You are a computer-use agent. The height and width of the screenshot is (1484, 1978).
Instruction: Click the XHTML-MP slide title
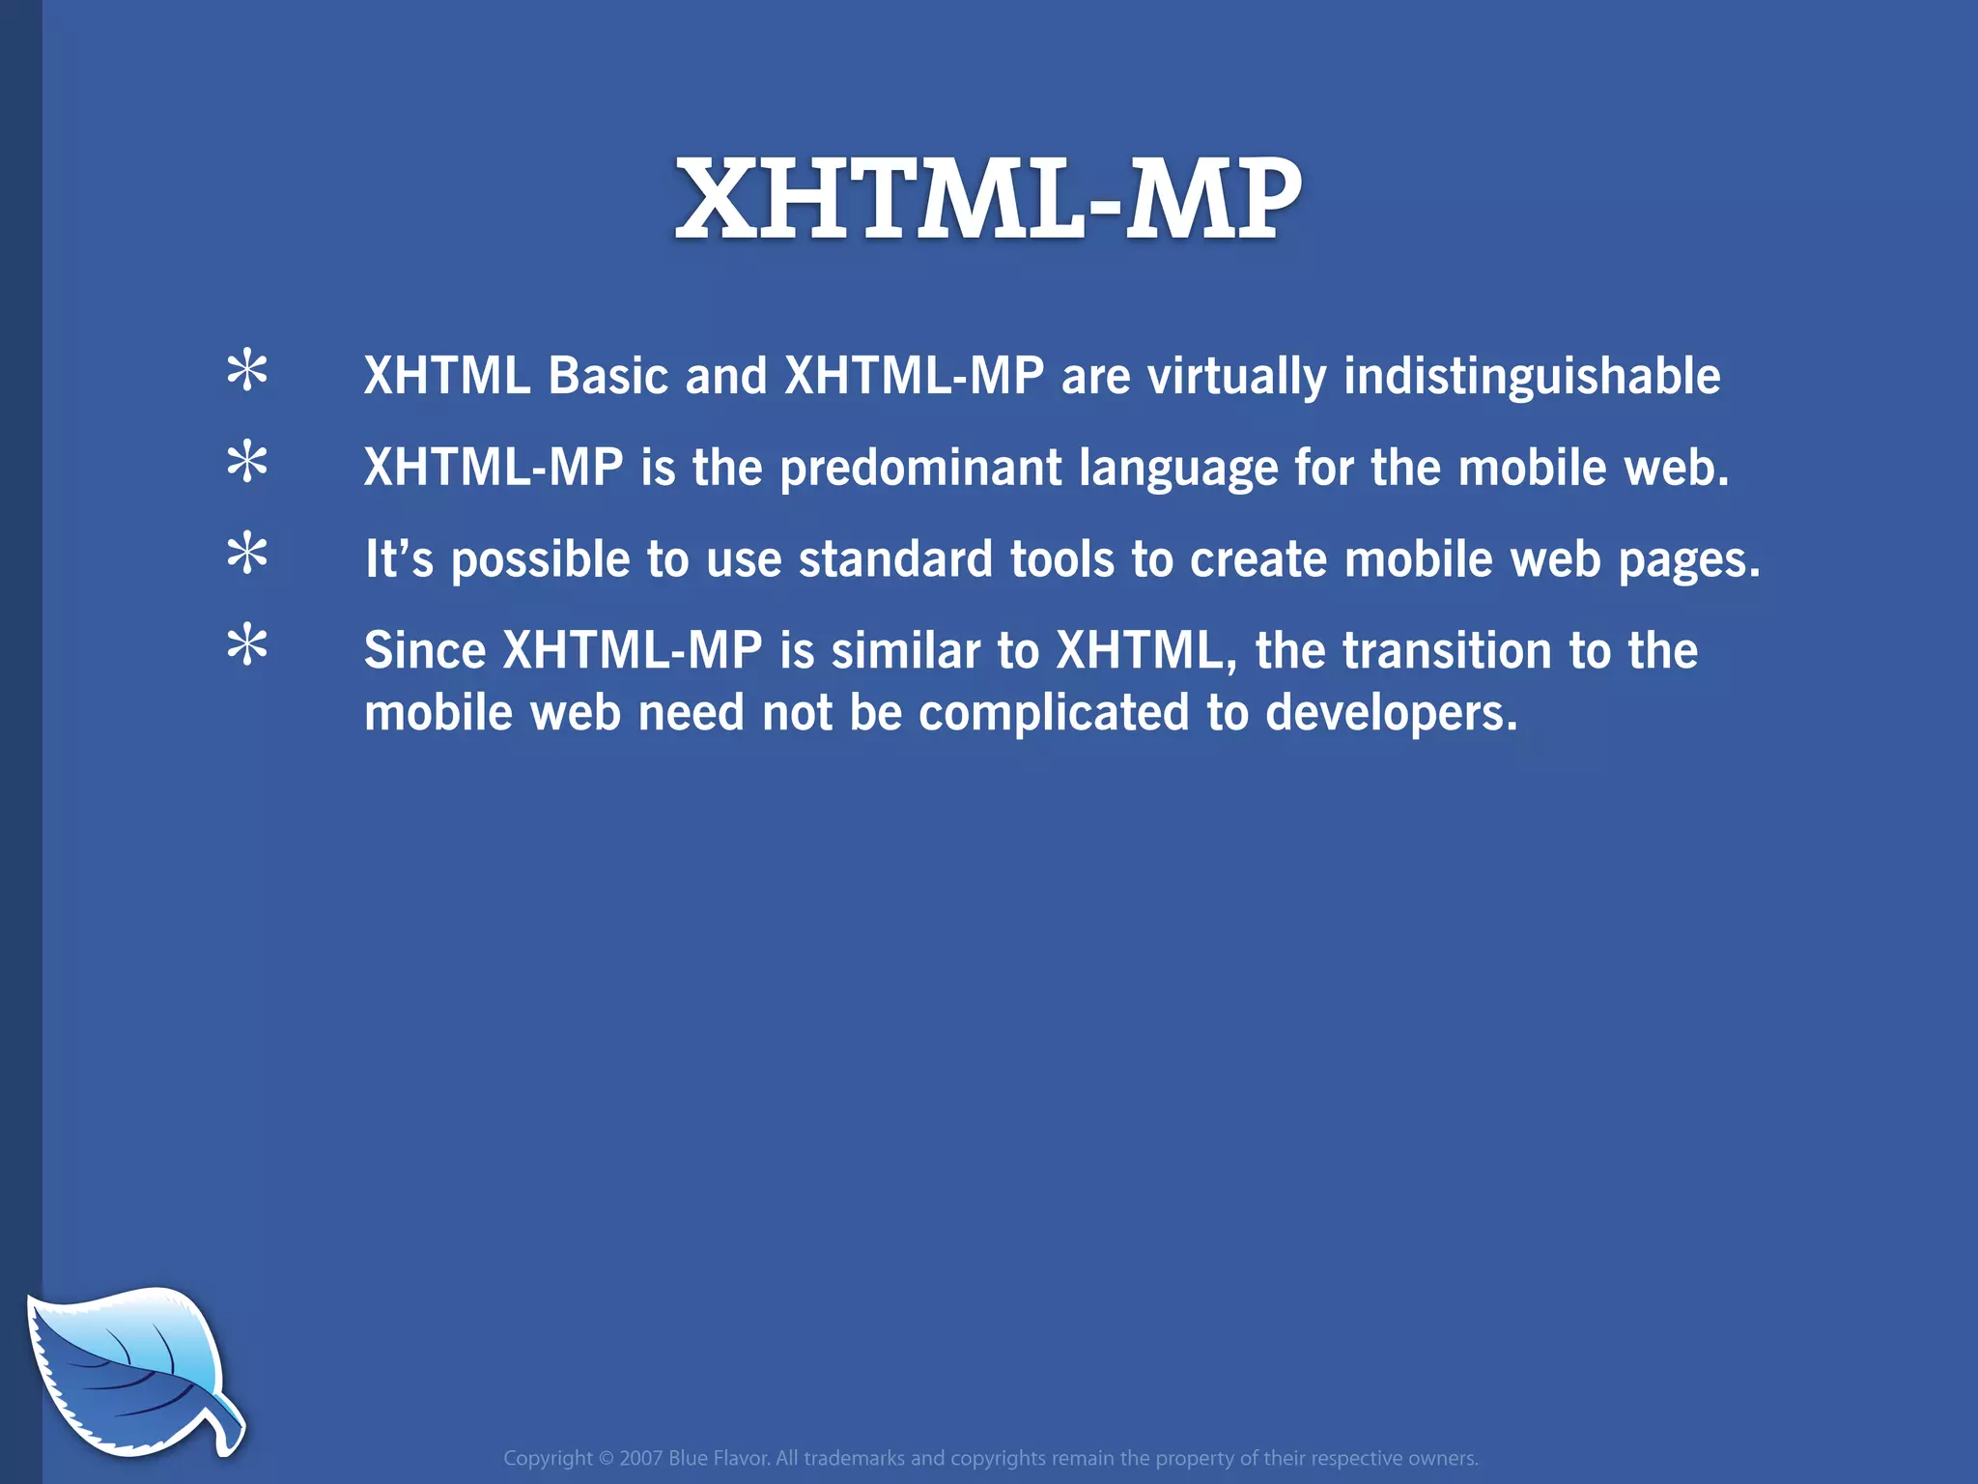pyautogui.click(x=988, y=200)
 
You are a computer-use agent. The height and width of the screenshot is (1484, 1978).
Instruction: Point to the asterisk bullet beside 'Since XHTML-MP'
pyautogui.click(x=247, y=645)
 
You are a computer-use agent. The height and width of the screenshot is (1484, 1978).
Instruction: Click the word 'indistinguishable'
pyautogui.click(x=1532, y=376)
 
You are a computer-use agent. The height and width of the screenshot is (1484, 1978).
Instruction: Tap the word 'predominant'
pyautogui.click(x=920, y=469)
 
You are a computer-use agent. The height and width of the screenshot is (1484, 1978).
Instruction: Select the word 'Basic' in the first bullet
pyautogui.click(x=608, y=376)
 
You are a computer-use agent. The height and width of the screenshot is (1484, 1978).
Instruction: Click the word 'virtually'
pyautogui.click(x=1236, y=378)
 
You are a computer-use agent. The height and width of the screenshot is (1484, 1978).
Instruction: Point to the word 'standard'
pyautogui.click(x=895, y=559)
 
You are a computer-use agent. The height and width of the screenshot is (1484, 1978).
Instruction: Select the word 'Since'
pyautogui.click(x=425, y=650)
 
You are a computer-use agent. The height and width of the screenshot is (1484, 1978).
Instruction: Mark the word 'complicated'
pyautogui.click(x=1054, y=714)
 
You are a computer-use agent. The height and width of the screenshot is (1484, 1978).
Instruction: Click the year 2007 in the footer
pyautogui.click(x=640, y=1458)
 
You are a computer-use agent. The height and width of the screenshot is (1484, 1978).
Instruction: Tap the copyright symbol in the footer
pyautogui.click(x=607, y=1458)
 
